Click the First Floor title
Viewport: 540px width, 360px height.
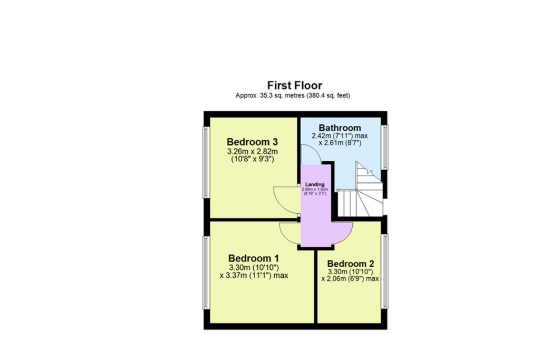(x=294, y=85)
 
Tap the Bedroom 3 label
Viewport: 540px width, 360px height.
(x=253, y=142)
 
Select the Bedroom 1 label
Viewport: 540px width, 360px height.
(x=254, y=258)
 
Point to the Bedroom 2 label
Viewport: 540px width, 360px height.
(x=351, y=264)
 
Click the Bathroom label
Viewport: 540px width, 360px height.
(x=340, y=128)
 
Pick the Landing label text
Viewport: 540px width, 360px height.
(x=315, y=184)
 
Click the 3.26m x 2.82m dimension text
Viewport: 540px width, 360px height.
(x=253, y=151)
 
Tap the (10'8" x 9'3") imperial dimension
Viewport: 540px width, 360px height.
(x=253, y=159)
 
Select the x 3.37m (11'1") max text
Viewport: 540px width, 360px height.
(x=254, y=275)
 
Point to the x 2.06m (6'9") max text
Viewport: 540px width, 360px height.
(x=350, y=279)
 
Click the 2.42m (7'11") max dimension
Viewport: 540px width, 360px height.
(x=340, y=136)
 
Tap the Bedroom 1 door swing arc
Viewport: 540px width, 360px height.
(x=289, y=233)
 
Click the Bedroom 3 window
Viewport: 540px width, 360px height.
(x=207, y=162)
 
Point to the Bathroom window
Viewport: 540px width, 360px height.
(x=384, y=147)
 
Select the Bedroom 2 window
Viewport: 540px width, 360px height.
(x=384, y=271)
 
